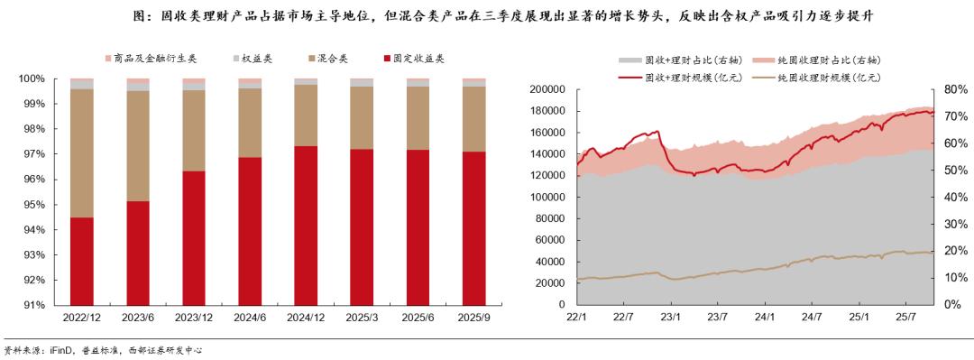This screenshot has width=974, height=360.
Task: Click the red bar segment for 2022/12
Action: click(82, 262)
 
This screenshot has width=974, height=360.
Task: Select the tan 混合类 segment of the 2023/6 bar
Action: click(138, 145)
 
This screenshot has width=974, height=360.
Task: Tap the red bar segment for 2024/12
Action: click(306, 226)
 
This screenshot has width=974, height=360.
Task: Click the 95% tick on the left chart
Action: click(32, 205)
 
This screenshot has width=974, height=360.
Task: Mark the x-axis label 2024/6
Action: click(250, 318)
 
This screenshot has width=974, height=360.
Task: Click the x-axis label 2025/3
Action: click(362, 318)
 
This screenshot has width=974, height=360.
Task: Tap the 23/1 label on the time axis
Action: click(670, 318)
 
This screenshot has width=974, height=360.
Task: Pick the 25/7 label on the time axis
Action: click(905, 318)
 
